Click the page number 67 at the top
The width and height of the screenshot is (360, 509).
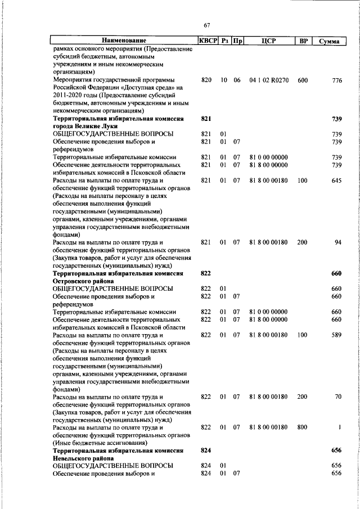pyautogui.click(x=206, y=25)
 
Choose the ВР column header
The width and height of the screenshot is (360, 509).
pyautogui.click(x=303, y=41)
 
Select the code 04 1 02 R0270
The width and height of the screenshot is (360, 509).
pyautogui.click(x=268, y=80)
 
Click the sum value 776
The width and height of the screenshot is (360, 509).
pyautogui.click(x=336, y=80)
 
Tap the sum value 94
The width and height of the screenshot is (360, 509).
pyautogui.click(x=338, y=242)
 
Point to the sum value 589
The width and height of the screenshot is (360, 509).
pyautogui.click(x=336, y=335)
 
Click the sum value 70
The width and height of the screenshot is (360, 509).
pyautogui.click(x=338, y=397)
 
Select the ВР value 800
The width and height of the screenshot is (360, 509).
pyautogui.click(x=303, y=428)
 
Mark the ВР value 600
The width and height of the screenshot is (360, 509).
pyautogui.click(x=303, y=80)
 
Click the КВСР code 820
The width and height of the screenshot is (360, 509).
pyautogui.click(x=206, y=80)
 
